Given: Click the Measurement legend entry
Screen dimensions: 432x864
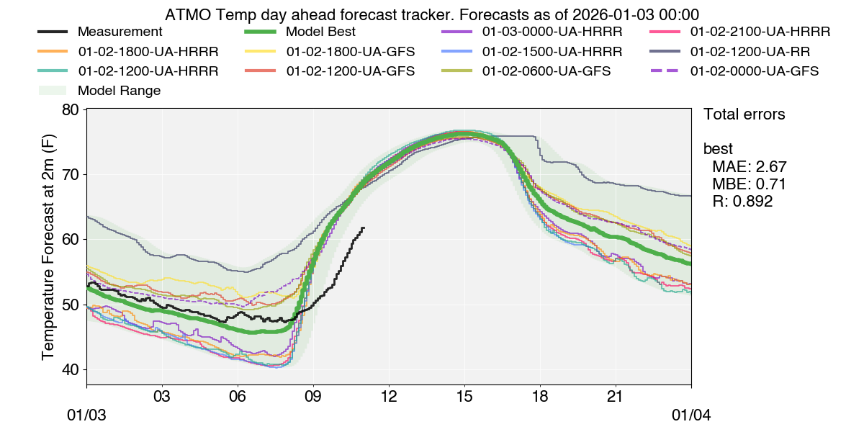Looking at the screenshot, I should (x=120, y=32).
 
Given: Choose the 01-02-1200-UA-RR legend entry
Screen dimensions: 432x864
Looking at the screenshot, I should (x=749, y=52).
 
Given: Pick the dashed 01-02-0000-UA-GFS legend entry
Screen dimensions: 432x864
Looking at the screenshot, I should (x=754, y=71).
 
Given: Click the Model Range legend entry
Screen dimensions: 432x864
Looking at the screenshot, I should (x=119, y=91).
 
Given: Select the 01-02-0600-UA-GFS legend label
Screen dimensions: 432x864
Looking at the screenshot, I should (x=546, y=71).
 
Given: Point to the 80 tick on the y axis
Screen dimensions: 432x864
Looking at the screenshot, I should (x=71, y=109).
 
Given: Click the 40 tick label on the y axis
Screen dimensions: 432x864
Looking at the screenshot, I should (x=71, y=369).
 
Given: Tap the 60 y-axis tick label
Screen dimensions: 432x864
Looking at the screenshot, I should (x=71, y=240).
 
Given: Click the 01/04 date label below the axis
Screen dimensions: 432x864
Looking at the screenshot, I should (x=691, y=415).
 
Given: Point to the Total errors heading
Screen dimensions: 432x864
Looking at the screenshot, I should (x=744, y=114).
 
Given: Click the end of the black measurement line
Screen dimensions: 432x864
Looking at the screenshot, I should (x=364, y=228).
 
